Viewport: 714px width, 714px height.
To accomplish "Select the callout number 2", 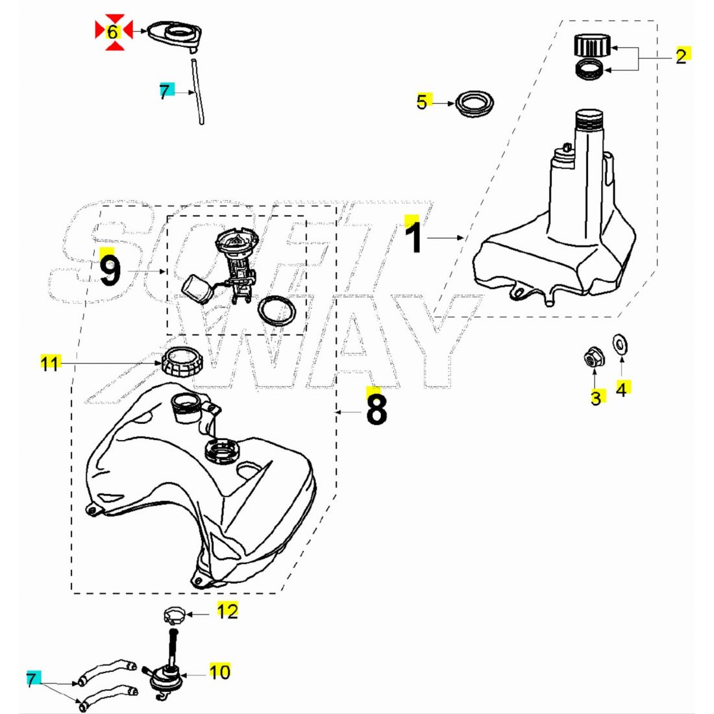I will [680, 56].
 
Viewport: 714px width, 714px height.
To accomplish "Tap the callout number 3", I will [596, 397].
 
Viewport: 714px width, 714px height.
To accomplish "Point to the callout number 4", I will [621, 389].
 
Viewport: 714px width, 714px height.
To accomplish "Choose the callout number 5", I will [423, 102].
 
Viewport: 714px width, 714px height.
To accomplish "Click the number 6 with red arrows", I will [114, 31].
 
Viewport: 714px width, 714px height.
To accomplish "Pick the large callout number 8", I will [376, 408].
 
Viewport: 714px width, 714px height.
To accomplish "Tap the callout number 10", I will [220, 672].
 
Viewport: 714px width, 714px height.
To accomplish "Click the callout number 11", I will [50, 363].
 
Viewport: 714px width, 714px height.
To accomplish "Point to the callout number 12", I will [227, 611].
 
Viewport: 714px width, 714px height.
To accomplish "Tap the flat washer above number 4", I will [621, 343].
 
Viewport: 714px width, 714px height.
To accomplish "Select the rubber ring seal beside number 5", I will [474, 104].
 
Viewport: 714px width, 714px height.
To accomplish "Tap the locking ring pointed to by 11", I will [181, 361].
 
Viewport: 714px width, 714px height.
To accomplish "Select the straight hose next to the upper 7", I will [197, 91].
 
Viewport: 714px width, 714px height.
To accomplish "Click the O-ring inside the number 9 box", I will [277, 312].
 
